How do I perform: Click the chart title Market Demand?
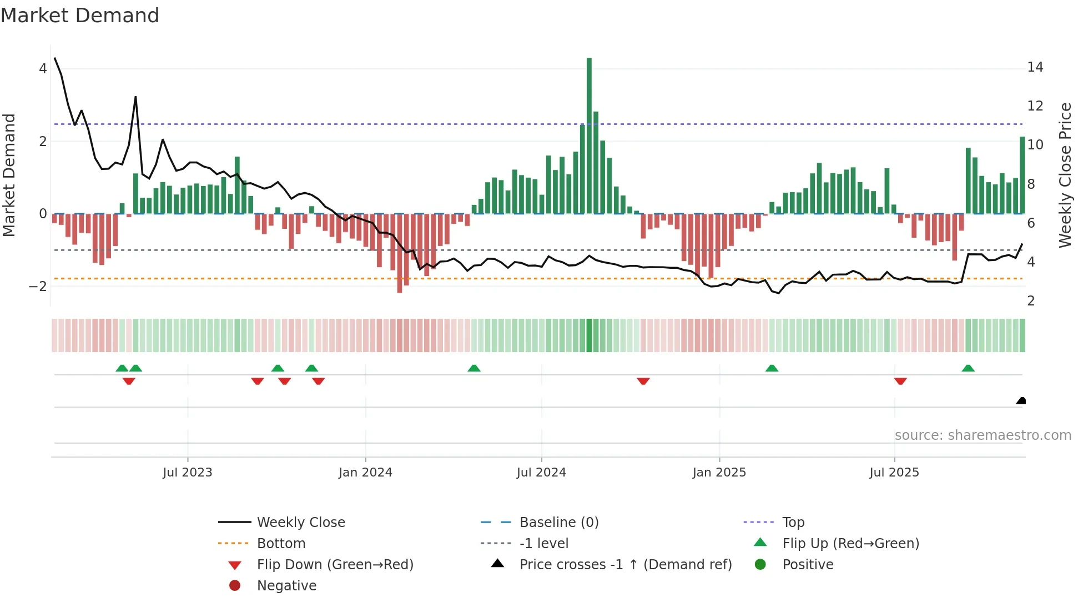coord(80,16)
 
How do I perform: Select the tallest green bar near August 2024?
coord(589,136)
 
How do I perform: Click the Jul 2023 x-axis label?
coord(188,473)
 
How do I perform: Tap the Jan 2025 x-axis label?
coord(719,473)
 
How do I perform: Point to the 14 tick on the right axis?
coord(1035,67)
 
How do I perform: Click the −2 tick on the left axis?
coord(38,287)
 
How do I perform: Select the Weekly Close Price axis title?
coord(1065,175)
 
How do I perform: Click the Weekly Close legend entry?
coord(301,523)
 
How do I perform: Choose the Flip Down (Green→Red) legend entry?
coord(335,565)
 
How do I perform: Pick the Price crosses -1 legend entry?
coord(626,565)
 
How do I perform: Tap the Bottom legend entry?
coord(281,544)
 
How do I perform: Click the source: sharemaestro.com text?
coord(983,435)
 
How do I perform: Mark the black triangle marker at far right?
coord(1021,401)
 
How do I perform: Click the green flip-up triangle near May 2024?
coord(474,368)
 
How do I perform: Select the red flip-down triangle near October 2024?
coord(643,381)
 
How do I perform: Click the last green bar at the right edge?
coord(1022,175)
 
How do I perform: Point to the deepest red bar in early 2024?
coord(400,253)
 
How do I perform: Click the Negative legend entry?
coord(286,586)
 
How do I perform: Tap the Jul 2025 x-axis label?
coord(894,473)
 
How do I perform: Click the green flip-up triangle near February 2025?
coord(772,368)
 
